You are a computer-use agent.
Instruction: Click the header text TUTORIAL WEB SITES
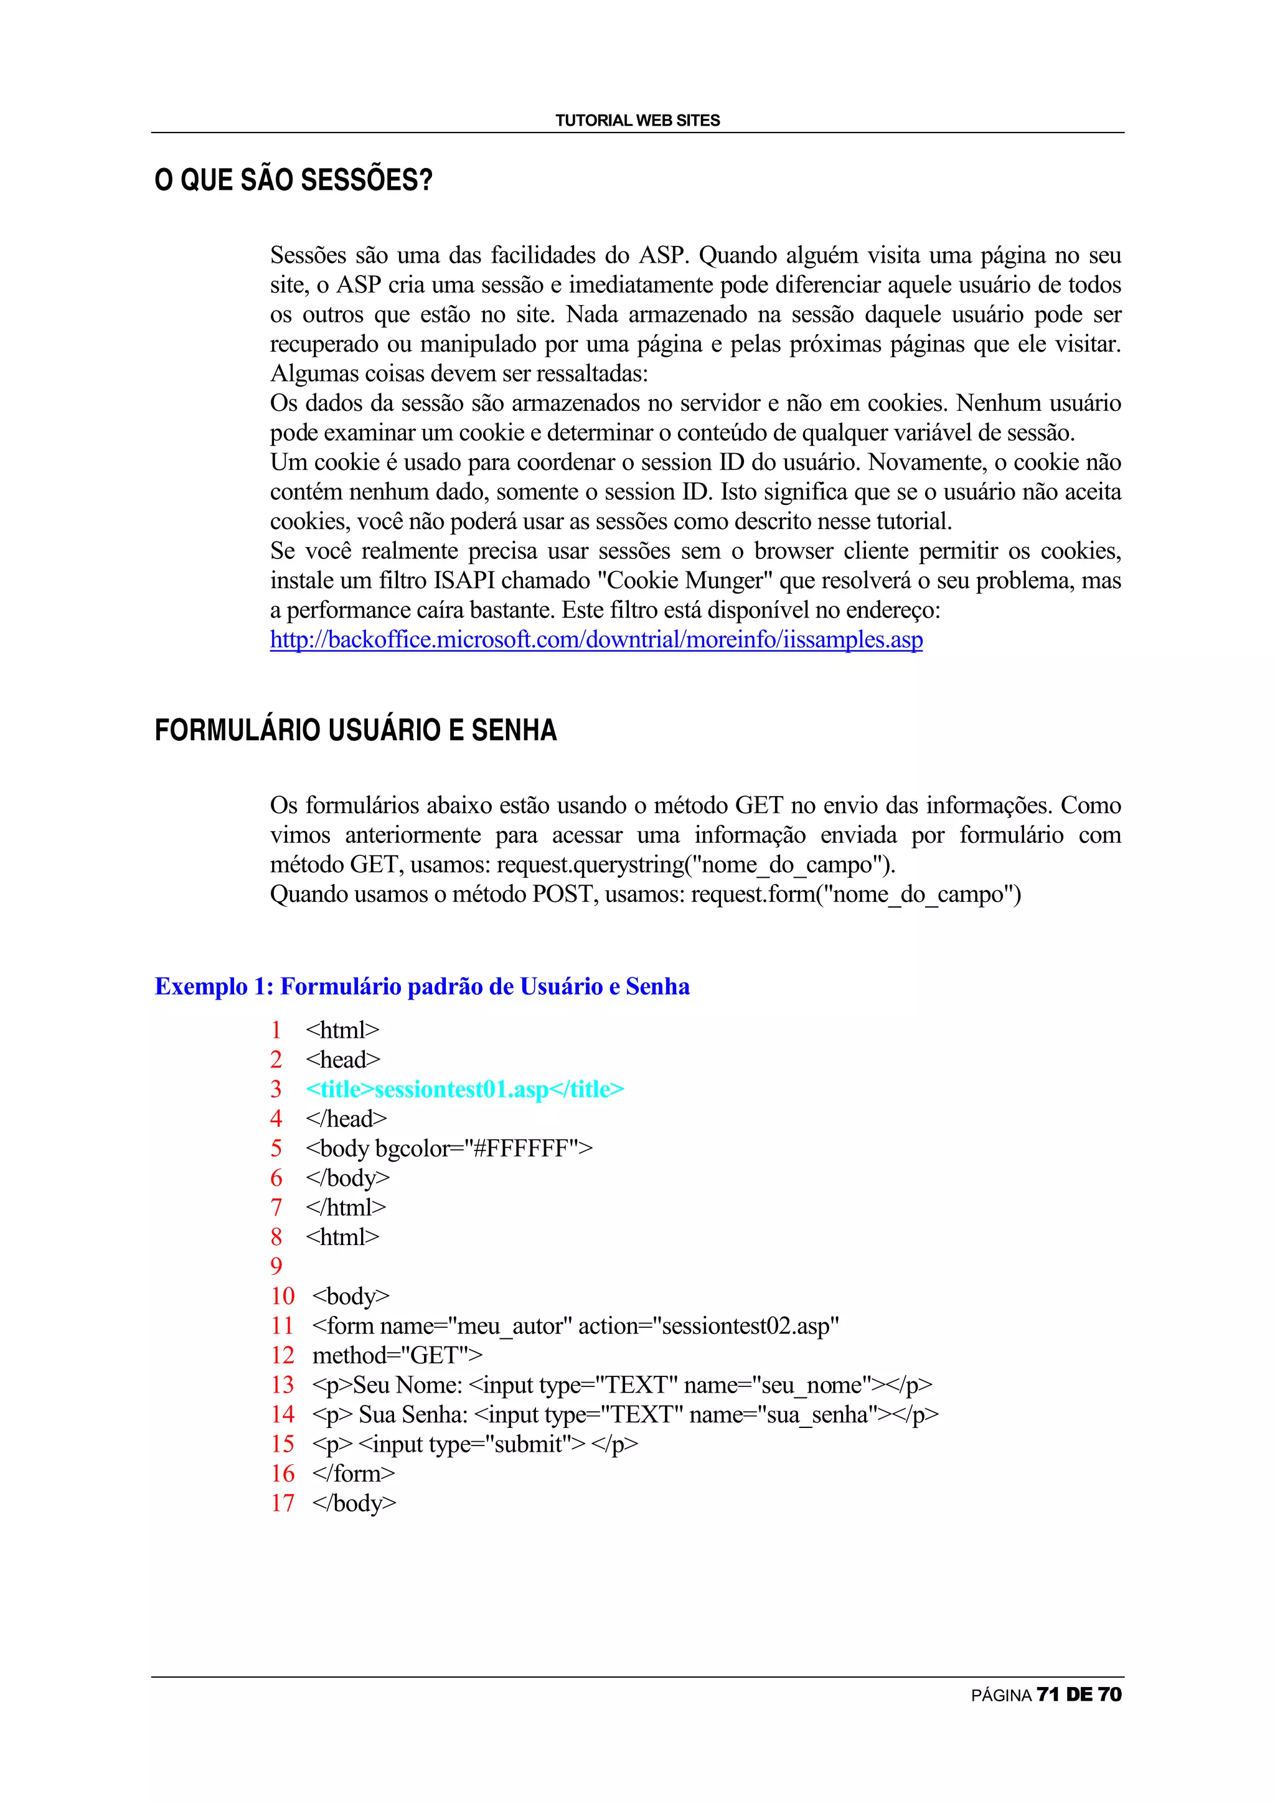pos(637,120)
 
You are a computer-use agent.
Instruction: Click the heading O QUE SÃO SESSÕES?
pos(293,180)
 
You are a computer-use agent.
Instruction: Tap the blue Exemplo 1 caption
pos(422,986)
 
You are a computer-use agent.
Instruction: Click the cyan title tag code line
pos(464,1089)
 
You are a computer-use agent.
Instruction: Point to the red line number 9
pos(276,1266)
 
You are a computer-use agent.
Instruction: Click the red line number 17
pos(282,1502)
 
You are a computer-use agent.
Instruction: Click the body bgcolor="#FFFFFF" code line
pos(449,1148)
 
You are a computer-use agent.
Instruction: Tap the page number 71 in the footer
pos(1047,1695)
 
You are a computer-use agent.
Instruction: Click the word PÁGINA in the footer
pos(1001,1696)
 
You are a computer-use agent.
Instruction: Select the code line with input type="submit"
pos(474,1444)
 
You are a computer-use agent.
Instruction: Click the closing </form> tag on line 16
pos(353,1473)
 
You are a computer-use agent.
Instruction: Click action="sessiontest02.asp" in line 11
pos(708,1325)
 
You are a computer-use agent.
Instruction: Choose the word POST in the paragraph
pos(561,894)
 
